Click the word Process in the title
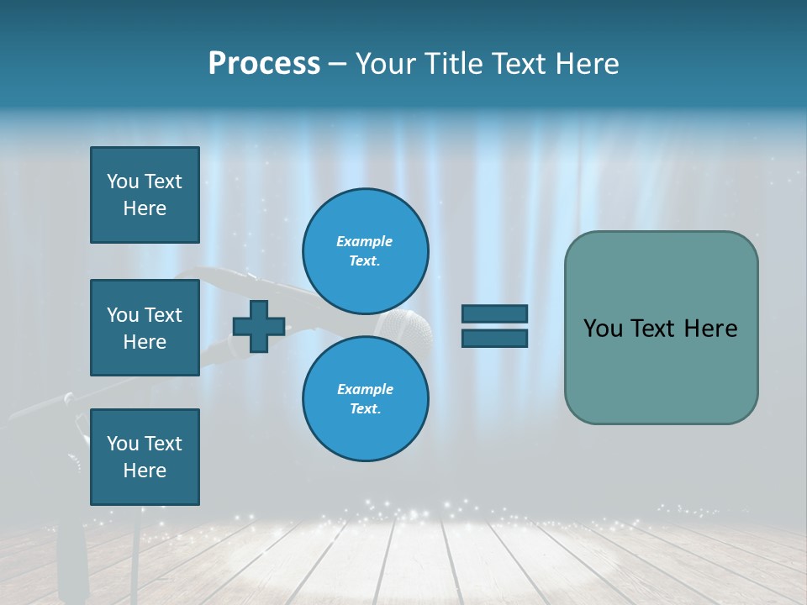(264, 64)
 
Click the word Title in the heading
(454, 64)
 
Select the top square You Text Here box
(145, 195)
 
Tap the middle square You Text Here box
(145, 328)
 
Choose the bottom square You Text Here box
(145, 457)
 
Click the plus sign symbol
(259, 326)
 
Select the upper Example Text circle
(365, 250)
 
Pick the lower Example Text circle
(365, 398)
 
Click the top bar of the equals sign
(494, 314)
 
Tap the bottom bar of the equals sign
(494, 338)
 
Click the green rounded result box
(661, 370)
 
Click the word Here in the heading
(588, 64)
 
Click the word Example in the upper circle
(365, 241)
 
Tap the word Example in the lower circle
(365, 389)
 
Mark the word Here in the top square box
(145, 208)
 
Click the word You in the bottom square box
(123, 444)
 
